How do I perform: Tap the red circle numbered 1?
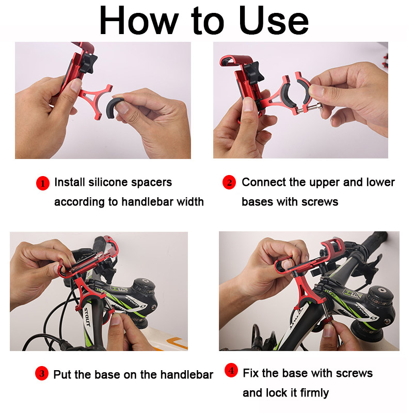pyautogui.click(x=42, y=183)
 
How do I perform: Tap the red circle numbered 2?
pyautogui.click(x=229, y=183)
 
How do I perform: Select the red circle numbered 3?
pyautogui.click(x=42, y=374)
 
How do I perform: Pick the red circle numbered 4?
pyautogui.click(x=231, y=371)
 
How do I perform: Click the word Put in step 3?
pyautogui.click(x=62, y=375)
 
